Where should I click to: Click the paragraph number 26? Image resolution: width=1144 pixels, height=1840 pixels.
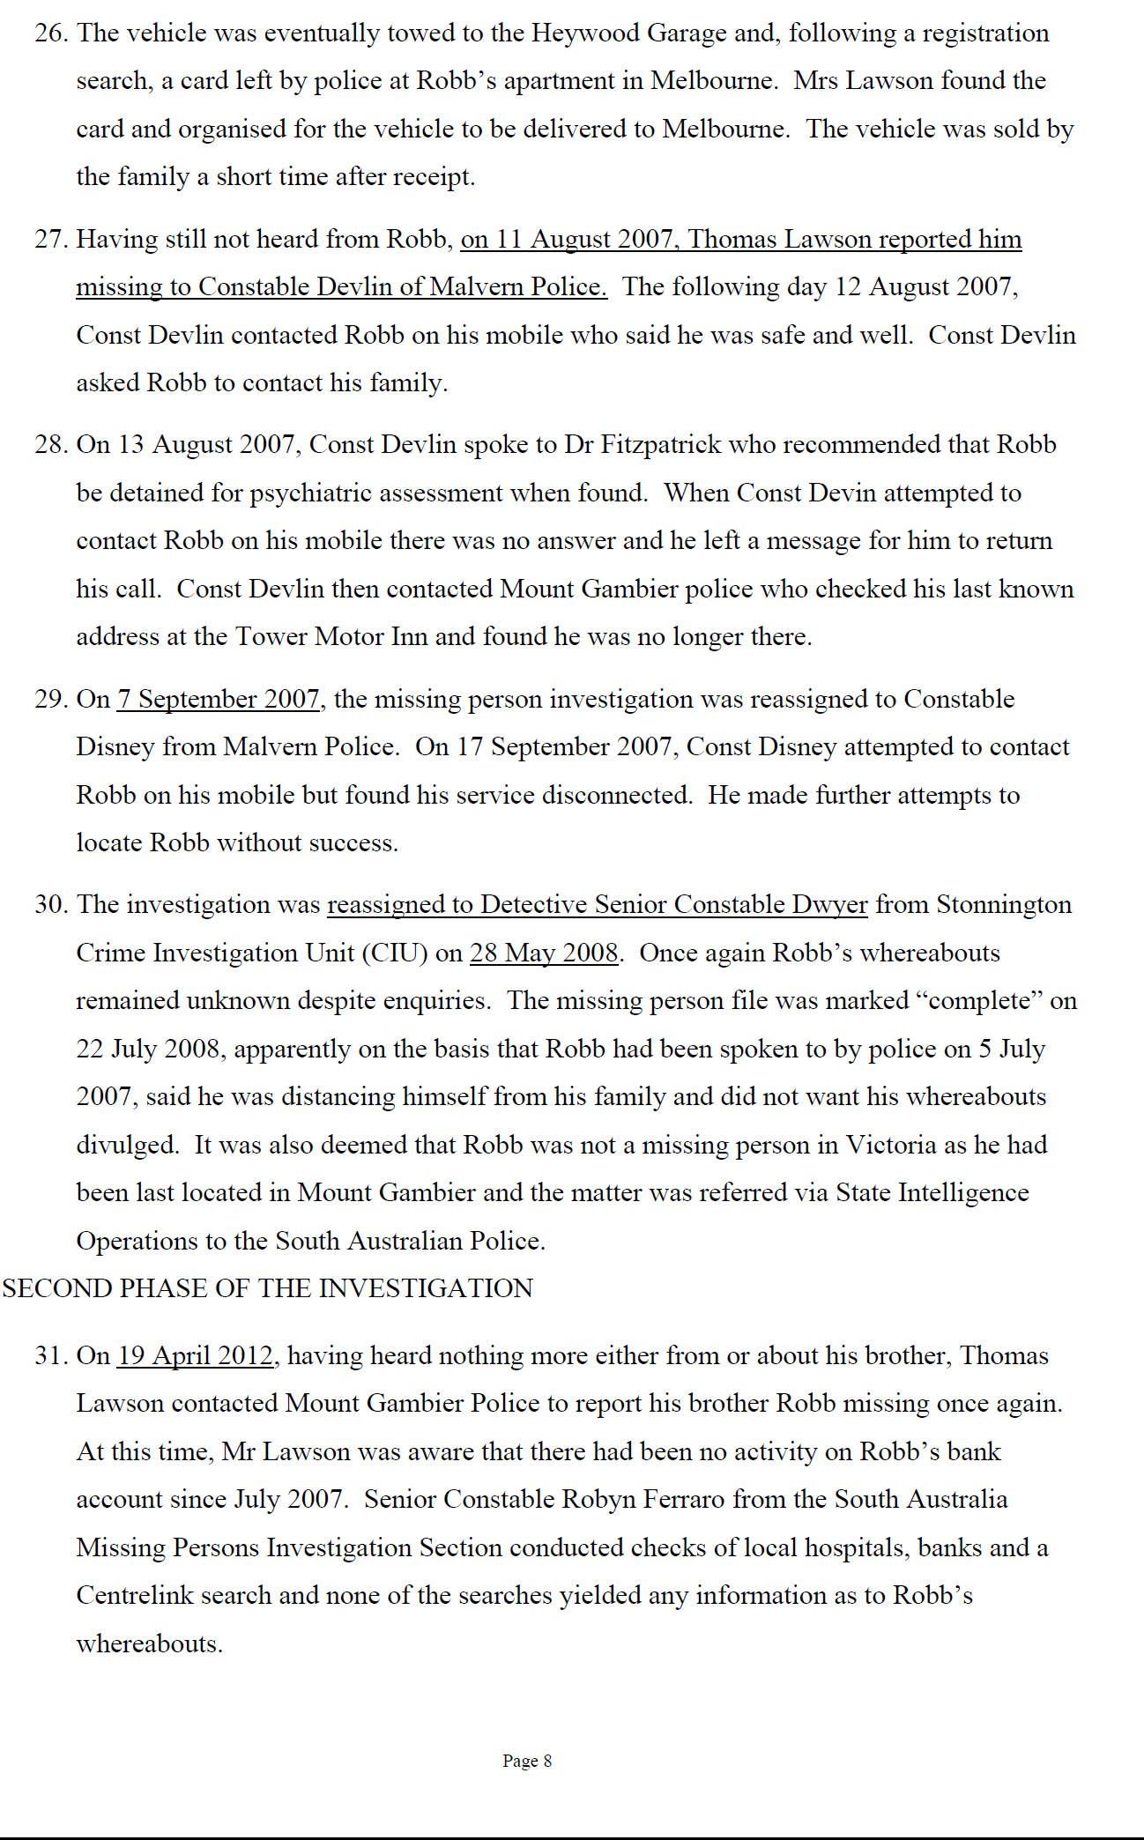[51, 33]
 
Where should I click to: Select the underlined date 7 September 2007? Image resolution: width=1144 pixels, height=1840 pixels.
[219, 699]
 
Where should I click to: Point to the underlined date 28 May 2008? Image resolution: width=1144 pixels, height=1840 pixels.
[544, 953]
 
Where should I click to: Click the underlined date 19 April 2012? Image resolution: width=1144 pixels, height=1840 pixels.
[196, 1355]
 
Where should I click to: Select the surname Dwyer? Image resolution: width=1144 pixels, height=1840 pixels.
[829, 905]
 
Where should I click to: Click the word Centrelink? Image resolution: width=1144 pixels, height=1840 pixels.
[135, 1595]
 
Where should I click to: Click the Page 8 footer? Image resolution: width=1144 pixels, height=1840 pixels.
[527, 1761]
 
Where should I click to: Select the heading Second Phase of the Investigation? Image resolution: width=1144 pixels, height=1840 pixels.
[268, 1288]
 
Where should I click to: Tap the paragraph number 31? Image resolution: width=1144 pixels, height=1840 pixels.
[51, 1355]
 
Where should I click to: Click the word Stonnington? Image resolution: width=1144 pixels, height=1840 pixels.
[1004, 905]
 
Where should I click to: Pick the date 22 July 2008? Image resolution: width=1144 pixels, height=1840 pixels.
[148, 1049]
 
